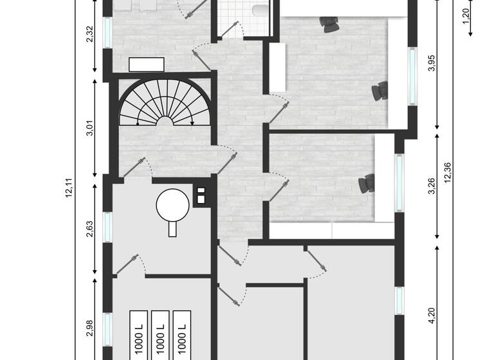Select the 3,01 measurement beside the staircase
click(91, 129)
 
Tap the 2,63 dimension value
click(91, 229)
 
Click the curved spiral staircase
click(165, 103)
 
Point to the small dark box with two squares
click(201, 195)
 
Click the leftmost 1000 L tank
click(139, 335)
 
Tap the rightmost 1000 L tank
click(182, 335)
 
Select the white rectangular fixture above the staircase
click(147, 64)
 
